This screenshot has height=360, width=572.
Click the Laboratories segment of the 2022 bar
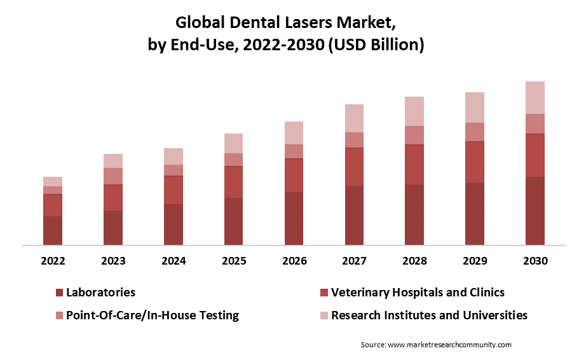tap(53, 230)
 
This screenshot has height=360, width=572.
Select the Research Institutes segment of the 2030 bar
tap(535, 97)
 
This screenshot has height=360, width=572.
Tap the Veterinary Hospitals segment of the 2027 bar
tap(354, 167)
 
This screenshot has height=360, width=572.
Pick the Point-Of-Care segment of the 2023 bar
tap(113, 176)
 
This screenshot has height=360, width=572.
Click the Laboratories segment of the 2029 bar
tap(475, 214)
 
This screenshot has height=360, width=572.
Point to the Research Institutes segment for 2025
tap(233, 144)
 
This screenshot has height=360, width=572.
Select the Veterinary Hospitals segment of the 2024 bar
tap(174, 190)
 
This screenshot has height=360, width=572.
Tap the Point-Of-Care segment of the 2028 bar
tap(414, 135)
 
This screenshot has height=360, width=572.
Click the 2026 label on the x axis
tap(294, 261)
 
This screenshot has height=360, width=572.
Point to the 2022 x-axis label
tap(53, 261)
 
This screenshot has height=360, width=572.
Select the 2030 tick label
tap(535, 261)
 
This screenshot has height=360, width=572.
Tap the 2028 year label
tap(415, 261)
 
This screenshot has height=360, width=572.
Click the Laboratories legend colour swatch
tap(59, 293)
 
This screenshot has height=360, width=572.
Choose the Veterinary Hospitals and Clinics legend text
tap(418, 293)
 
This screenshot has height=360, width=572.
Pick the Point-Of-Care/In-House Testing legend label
tap(153, 315)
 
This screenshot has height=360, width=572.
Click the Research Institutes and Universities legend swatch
tap(324, 315)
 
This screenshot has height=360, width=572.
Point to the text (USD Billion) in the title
tap(376, 45)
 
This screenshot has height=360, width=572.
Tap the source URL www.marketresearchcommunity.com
tap(449, 345)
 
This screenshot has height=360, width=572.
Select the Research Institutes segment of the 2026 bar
tap(294, 133)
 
